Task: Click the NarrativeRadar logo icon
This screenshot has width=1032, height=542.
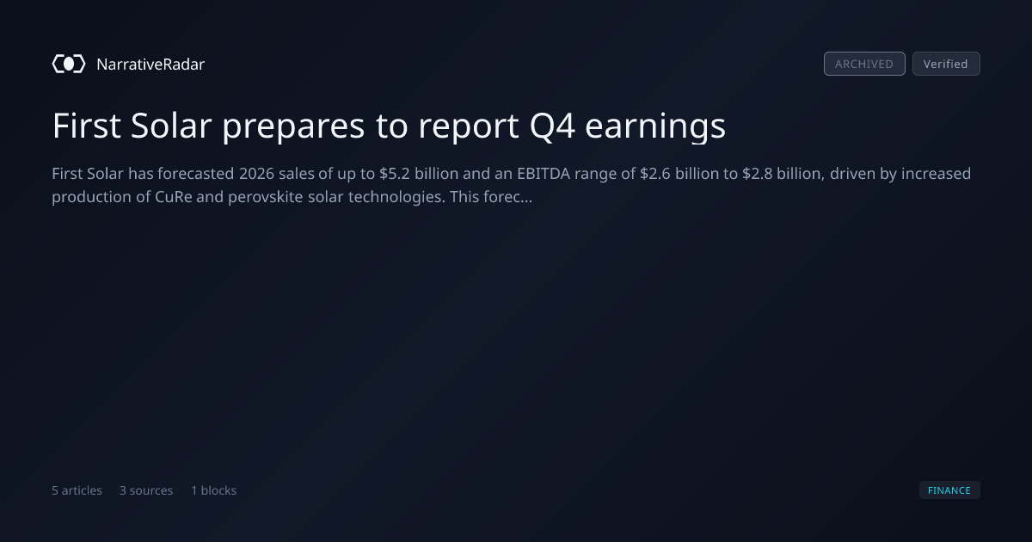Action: (x=69, y=64)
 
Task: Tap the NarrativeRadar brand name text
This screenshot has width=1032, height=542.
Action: (x=150, y=64)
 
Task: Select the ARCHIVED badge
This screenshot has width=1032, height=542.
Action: (x=864, y=64)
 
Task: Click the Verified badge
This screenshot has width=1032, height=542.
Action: (x=946, y=64)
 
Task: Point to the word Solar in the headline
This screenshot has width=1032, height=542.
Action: (x=171, y=126)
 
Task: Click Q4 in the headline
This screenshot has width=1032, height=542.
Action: (x=552, y=126)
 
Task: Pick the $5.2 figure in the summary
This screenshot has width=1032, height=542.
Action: (x=395, y=174)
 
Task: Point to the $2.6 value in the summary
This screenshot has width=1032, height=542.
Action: (x=655, y=174)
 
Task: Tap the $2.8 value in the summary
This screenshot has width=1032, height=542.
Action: (x=757, y=174)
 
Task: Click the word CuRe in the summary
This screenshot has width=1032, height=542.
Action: (x=173, y=197)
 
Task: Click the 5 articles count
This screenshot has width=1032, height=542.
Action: (x=77, y=490)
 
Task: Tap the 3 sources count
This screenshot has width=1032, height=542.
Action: (x=146, y=490)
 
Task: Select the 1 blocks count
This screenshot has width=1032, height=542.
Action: (x=214, y=490)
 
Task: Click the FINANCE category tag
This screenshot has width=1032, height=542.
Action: (x=949, y=490)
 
